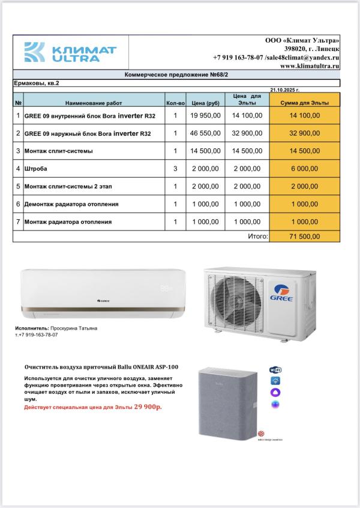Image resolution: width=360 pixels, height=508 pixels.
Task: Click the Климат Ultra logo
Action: pyautogui.click(x=70, y=52)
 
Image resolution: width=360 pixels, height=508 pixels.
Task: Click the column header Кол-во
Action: pyautogui.click(x=175, y=103)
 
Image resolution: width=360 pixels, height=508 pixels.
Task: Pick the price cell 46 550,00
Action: pyautogui.click(x=206, y=133)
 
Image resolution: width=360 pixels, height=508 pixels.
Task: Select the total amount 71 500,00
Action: pyautogui.click(x=305, y=237)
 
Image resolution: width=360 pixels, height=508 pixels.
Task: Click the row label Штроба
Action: pyautogui.click(x=36, y=169)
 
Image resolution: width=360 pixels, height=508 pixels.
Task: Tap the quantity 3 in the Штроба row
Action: pyautogui.click(x=175, y=169)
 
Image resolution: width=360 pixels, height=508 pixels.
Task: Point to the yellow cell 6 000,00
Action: pyautogui.click(x=305, y=169)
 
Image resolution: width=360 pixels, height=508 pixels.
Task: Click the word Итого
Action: pyautogui.click(x=257, y=237)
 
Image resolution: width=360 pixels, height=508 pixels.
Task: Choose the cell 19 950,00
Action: pyautogui.click(x=206, y=115)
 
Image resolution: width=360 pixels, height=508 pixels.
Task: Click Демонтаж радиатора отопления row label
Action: pyautogui.click(x=71, y=204)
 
